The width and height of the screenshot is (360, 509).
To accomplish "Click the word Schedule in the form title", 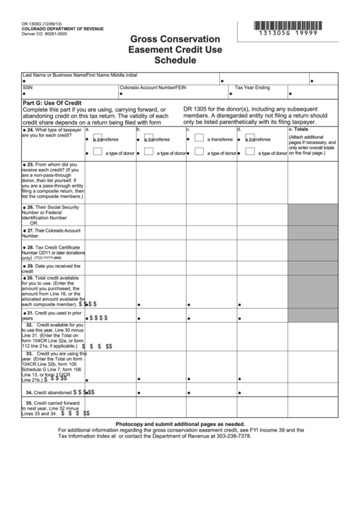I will (x=179, y=60).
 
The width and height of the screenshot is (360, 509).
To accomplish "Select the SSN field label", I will (x=27, y=88).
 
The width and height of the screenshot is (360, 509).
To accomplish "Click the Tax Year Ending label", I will (x=253, y=88).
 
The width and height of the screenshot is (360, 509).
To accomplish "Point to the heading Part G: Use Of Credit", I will (x=52, y=103).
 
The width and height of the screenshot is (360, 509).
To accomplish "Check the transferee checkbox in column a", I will (x=98, y=137).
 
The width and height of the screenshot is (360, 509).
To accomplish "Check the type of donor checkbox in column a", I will (x=98, y=152).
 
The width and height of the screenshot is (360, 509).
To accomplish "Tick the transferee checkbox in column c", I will (x=198, y=137).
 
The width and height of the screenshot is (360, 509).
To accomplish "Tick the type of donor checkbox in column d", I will (x=249, y=152).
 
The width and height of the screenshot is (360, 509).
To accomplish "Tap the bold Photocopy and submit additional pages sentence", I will (x=179, y=423).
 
